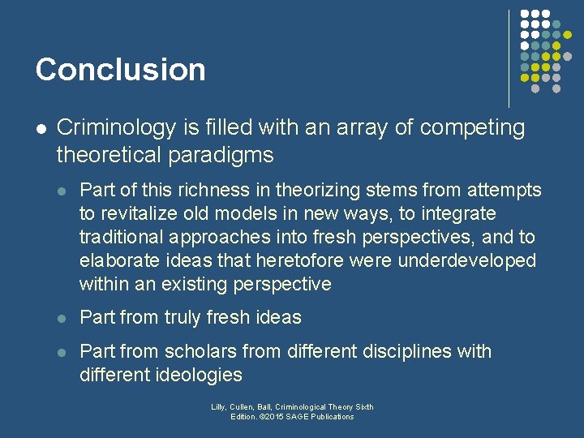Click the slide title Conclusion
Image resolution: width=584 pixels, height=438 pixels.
coord(120,70)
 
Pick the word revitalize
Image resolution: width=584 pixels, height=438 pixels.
coord(140,214)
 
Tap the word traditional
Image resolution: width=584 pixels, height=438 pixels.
coord(122,237)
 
